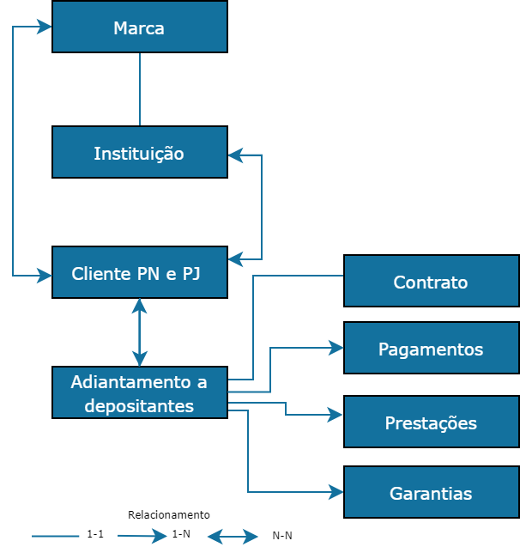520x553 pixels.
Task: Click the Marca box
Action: (x=139, y=27)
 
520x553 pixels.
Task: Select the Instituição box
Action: (x=139, y=153)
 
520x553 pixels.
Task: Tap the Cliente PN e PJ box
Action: (x=139, y=273)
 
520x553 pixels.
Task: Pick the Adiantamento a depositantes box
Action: (x=139, y=393)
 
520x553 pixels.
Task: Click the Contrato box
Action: (x=431, y=281)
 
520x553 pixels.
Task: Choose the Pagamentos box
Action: (x=431, y=349)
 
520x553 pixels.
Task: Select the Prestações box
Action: (x=431, y=422)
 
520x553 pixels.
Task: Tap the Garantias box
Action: (x=431, y=493)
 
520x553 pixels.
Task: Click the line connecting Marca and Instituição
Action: (x=139, y=89)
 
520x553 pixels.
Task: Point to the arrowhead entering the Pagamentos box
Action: (x=336, y=348)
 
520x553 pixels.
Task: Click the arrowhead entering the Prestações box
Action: (x=336, y=415)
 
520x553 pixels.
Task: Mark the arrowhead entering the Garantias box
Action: (x=336, y=492)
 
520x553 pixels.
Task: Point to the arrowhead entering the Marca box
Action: (x=45, y=27)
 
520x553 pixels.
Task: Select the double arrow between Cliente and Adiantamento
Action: (x=139, y=332)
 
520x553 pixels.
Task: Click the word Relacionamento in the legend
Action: (x=169, y=515)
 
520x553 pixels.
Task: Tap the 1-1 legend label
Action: (x=95, y=534)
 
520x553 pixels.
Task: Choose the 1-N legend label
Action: (x=181, y=534)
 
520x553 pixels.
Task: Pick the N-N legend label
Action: (x=282, y=536)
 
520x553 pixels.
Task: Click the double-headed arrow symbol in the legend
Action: (x=233, y=537)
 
